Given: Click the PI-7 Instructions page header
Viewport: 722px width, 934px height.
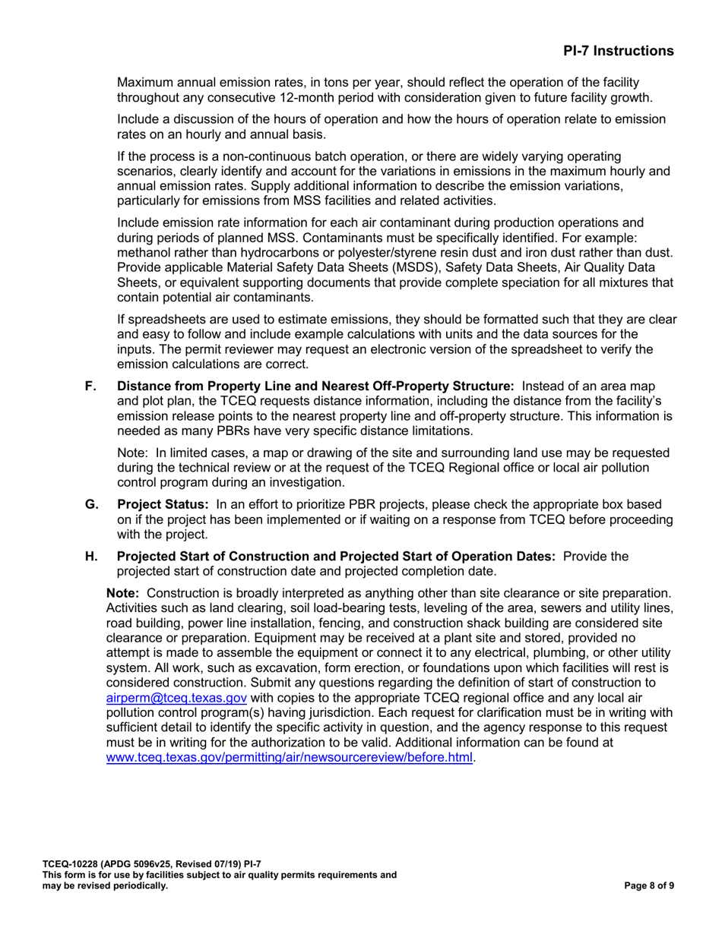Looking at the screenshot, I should click(618, 51).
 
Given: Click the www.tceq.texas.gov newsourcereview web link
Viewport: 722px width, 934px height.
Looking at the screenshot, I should click(289, 756).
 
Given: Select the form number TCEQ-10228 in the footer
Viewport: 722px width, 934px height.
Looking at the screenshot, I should click(72, 864).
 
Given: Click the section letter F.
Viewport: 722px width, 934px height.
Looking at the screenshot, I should click(91, 386).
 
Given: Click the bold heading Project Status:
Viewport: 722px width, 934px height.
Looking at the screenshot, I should click(163, 504).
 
